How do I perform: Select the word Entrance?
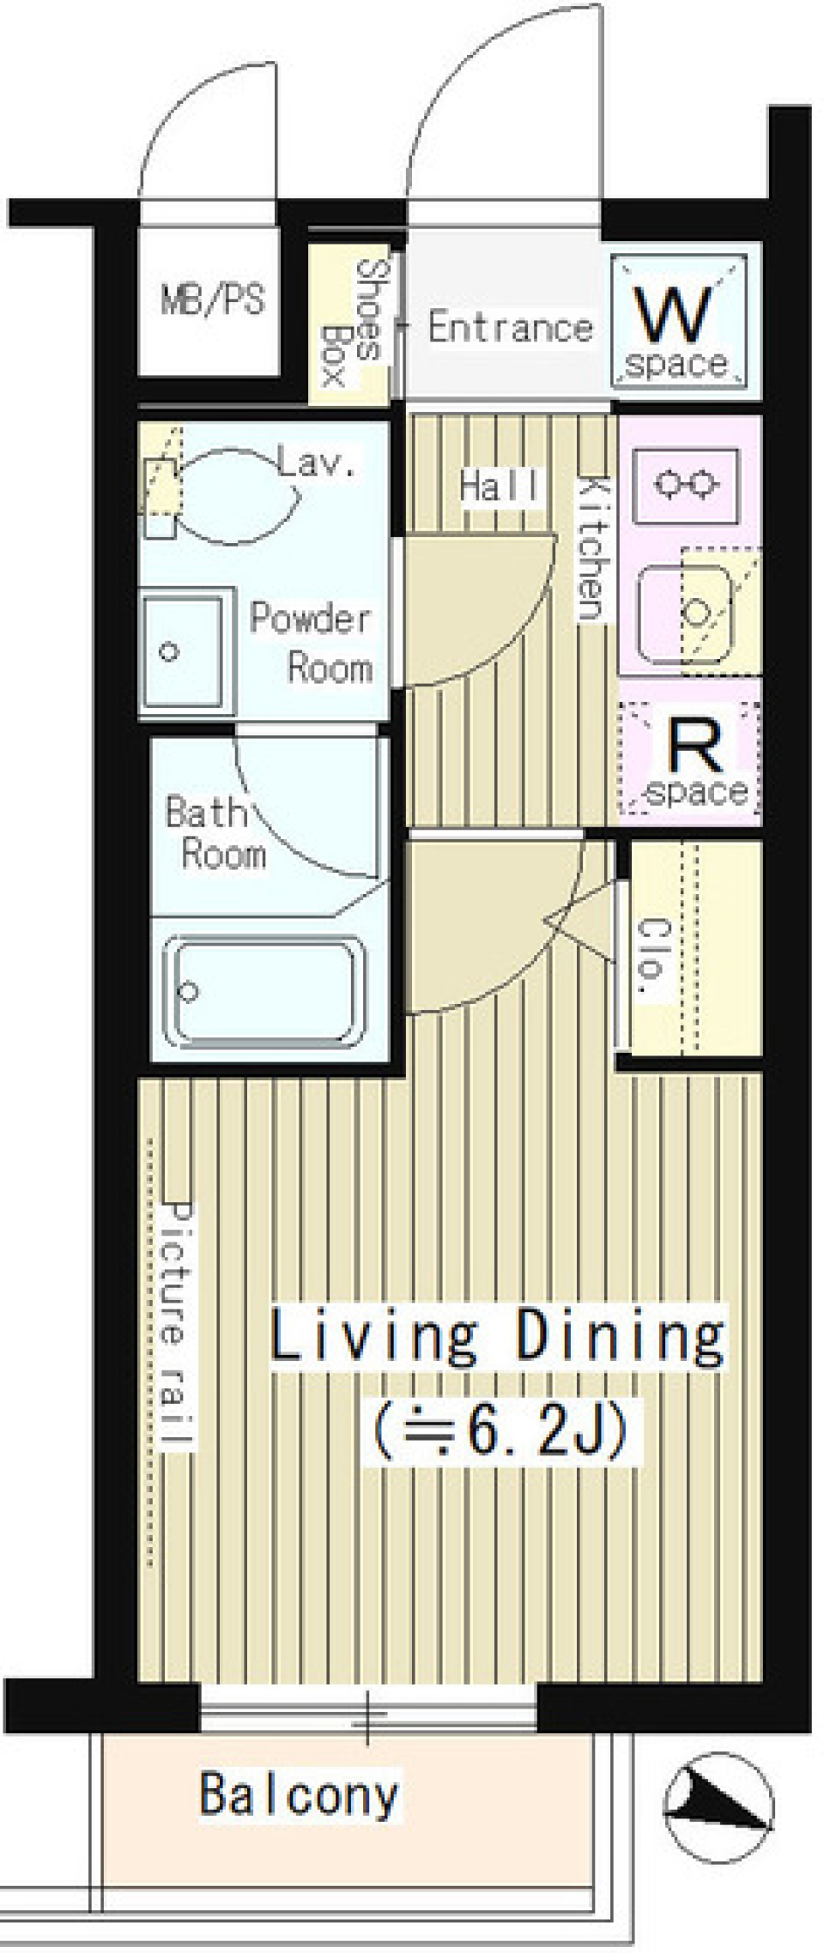point(511,327)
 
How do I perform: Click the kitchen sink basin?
point(685,612)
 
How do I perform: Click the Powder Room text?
point(311,643)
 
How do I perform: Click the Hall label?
point(500,486)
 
